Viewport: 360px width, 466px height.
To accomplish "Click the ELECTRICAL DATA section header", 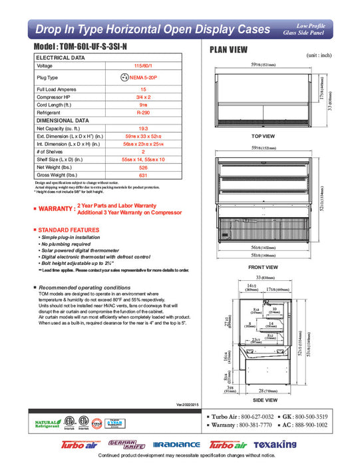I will click(61, 58).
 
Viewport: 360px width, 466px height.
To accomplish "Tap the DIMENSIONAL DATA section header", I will click(62, 120).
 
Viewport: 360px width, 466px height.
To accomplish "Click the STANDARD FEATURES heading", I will click(67, 229).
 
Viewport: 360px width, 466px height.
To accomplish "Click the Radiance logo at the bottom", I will click(176, 444).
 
